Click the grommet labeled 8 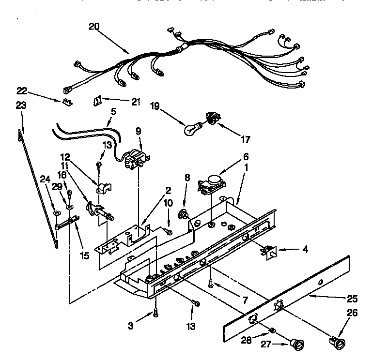click(184, 213)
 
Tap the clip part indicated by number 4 click(267, 250)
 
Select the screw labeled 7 click(211, 284)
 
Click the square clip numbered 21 click(97, 102)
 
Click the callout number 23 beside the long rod click(20, 105)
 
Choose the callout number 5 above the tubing click(113, 110)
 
